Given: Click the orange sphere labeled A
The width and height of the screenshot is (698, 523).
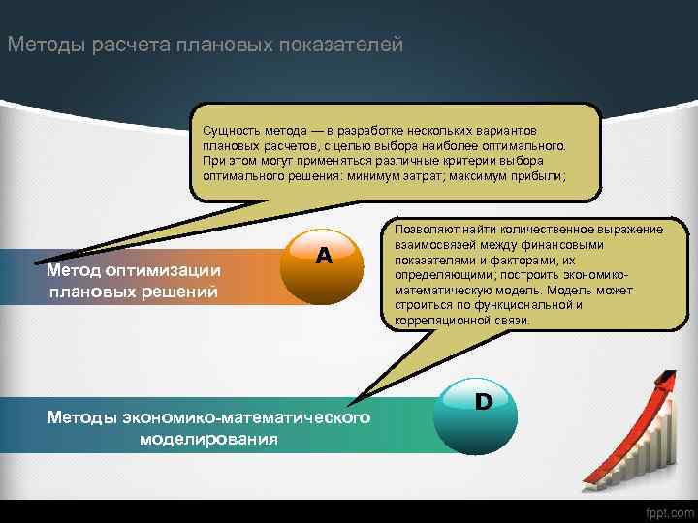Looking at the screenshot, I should pos(323,266).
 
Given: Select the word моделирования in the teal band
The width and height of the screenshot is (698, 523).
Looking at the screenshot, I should pos(207,439).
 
